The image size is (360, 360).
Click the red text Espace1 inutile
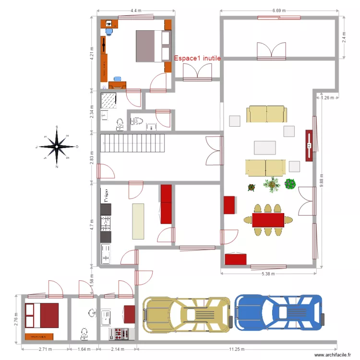[x=197, y=58]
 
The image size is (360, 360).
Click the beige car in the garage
[x=188, y=314]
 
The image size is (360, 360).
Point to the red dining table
[x=268, y=220]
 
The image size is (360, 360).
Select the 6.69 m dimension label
[x=279, y=10]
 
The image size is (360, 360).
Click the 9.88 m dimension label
[x=321, y=180]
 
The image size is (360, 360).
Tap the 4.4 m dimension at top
[x=135, y=10]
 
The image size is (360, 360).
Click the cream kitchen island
[x=138, y=221]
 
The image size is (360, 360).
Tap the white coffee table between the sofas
[x=265, y=147]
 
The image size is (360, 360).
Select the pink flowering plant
[x=290, y=184]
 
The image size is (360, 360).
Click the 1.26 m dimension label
[x=326, y=98]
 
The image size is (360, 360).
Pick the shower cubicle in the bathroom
[x=109, y=101]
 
